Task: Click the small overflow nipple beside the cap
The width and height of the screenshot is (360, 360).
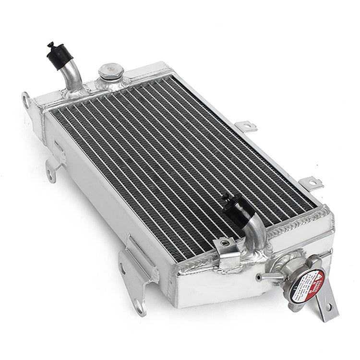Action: (264, 276)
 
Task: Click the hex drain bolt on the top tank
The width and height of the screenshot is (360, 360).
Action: (111, 72)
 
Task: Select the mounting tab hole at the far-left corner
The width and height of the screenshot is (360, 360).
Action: (25, 100)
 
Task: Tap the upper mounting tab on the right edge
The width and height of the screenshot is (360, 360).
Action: (247, 126)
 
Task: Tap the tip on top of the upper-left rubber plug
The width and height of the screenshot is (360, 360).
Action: (50, 45)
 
